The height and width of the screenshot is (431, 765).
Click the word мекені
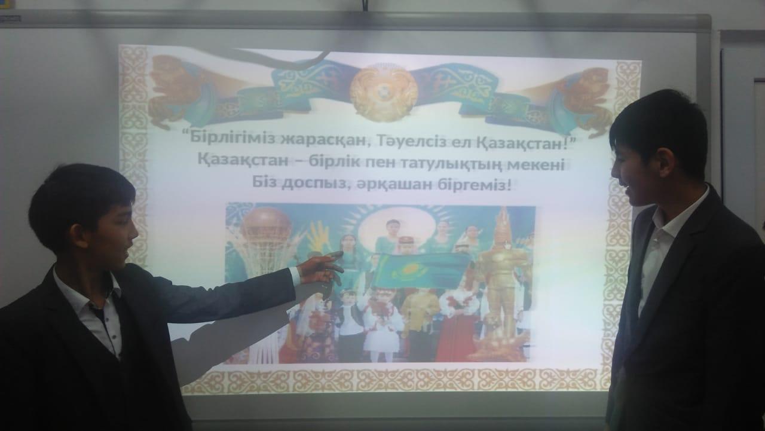coord(536,166)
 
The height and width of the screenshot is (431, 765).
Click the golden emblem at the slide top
coord(384,91)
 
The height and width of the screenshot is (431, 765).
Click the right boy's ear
coord(665,163)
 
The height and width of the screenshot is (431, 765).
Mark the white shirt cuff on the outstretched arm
coord(295,277)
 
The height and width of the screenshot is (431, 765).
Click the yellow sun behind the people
coord(396,225)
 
